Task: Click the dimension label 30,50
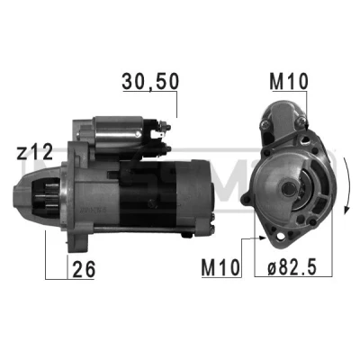tap(150, 82)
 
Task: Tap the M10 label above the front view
tap(289, 82)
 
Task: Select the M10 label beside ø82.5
tap(221, 267)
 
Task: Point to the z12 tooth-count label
tap(35, 152)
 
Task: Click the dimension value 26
tap(84, 269)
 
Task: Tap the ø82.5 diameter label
tap(292, 267)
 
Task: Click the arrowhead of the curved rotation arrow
tap(347, 209)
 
